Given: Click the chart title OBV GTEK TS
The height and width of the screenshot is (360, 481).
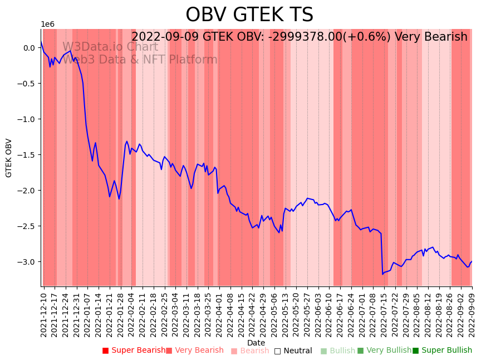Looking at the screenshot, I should pyautogui.click(x=249, y=15).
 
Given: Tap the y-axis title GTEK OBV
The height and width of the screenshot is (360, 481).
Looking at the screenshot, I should pyautogui.click(x=9, y=158).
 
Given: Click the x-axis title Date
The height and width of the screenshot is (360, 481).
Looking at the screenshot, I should pyautogui.click(x=256, y=343).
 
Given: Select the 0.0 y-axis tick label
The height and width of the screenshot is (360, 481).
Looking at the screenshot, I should pyautogui.click(x=29, y=48).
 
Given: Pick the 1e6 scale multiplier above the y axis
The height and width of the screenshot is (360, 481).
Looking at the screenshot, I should pyautogui.click(x=47, y=25).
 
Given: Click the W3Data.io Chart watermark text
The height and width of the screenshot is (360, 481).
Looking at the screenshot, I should pyautogui.click(x=110, y=47).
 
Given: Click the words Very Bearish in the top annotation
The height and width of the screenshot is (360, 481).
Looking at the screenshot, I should pyautogui.click(x=431, y=37).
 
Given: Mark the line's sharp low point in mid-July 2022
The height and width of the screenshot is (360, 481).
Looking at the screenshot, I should pyautogui.click(x=382, y=274).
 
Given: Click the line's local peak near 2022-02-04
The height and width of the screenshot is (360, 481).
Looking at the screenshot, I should pyautogui.click(x=127, y=142).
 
